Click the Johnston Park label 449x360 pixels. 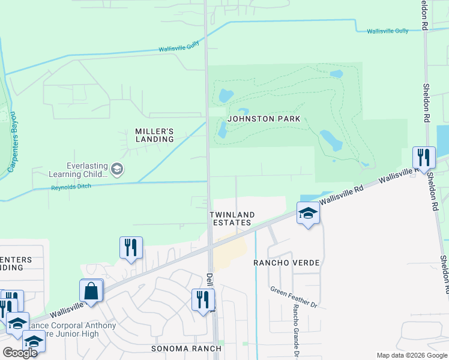click(264, 119)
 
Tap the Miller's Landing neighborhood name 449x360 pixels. click(154, 135)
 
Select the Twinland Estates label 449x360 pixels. click(232, 218)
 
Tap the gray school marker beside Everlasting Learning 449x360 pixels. click(117, 170)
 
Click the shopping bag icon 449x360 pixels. click(91, 291)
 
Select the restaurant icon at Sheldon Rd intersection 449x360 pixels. click(424, 158)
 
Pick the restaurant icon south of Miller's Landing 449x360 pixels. click(131, 247)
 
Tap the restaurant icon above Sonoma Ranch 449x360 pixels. click(203, 299)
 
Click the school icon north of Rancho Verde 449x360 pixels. click(308, 213)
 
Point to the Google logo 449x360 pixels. click(20, 352)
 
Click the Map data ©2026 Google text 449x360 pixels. click(411, 355)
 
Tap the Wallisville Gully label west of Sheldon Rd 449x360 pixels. click(387, 31)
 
